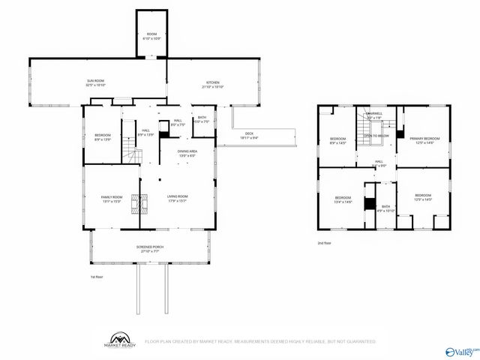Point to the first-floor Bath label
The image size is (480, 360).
pyautogui.click(x=202, y=118)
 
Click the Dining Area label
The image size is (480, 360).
pyautogui.click(x=187, y=153)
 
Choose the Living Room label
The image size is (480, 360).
pyautogui.click(x=177, y=198)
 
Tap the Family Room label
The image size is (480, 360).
pyautogui.click(x=111, y=198)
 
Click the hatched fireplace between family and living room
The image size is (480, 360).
pyautogui.click(x=136, y=204)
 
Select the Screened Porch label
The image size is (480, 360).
pyautogui.click(x=150, y=248)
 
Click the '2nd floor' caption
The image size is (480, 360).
pyautogui.click(x=324, y=243)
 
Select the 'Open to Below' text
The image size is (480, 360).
pyautogui.click(x=376, y=136)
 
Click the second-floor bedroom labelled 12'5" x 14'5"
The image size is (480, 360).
pyautogui.click(x=424, y=198)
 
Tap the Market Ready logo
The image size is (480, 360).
pyautogui.click(x=119, y=341)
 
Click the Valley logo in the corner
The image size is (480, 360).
pyautogui.click(x=462, y=350)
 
